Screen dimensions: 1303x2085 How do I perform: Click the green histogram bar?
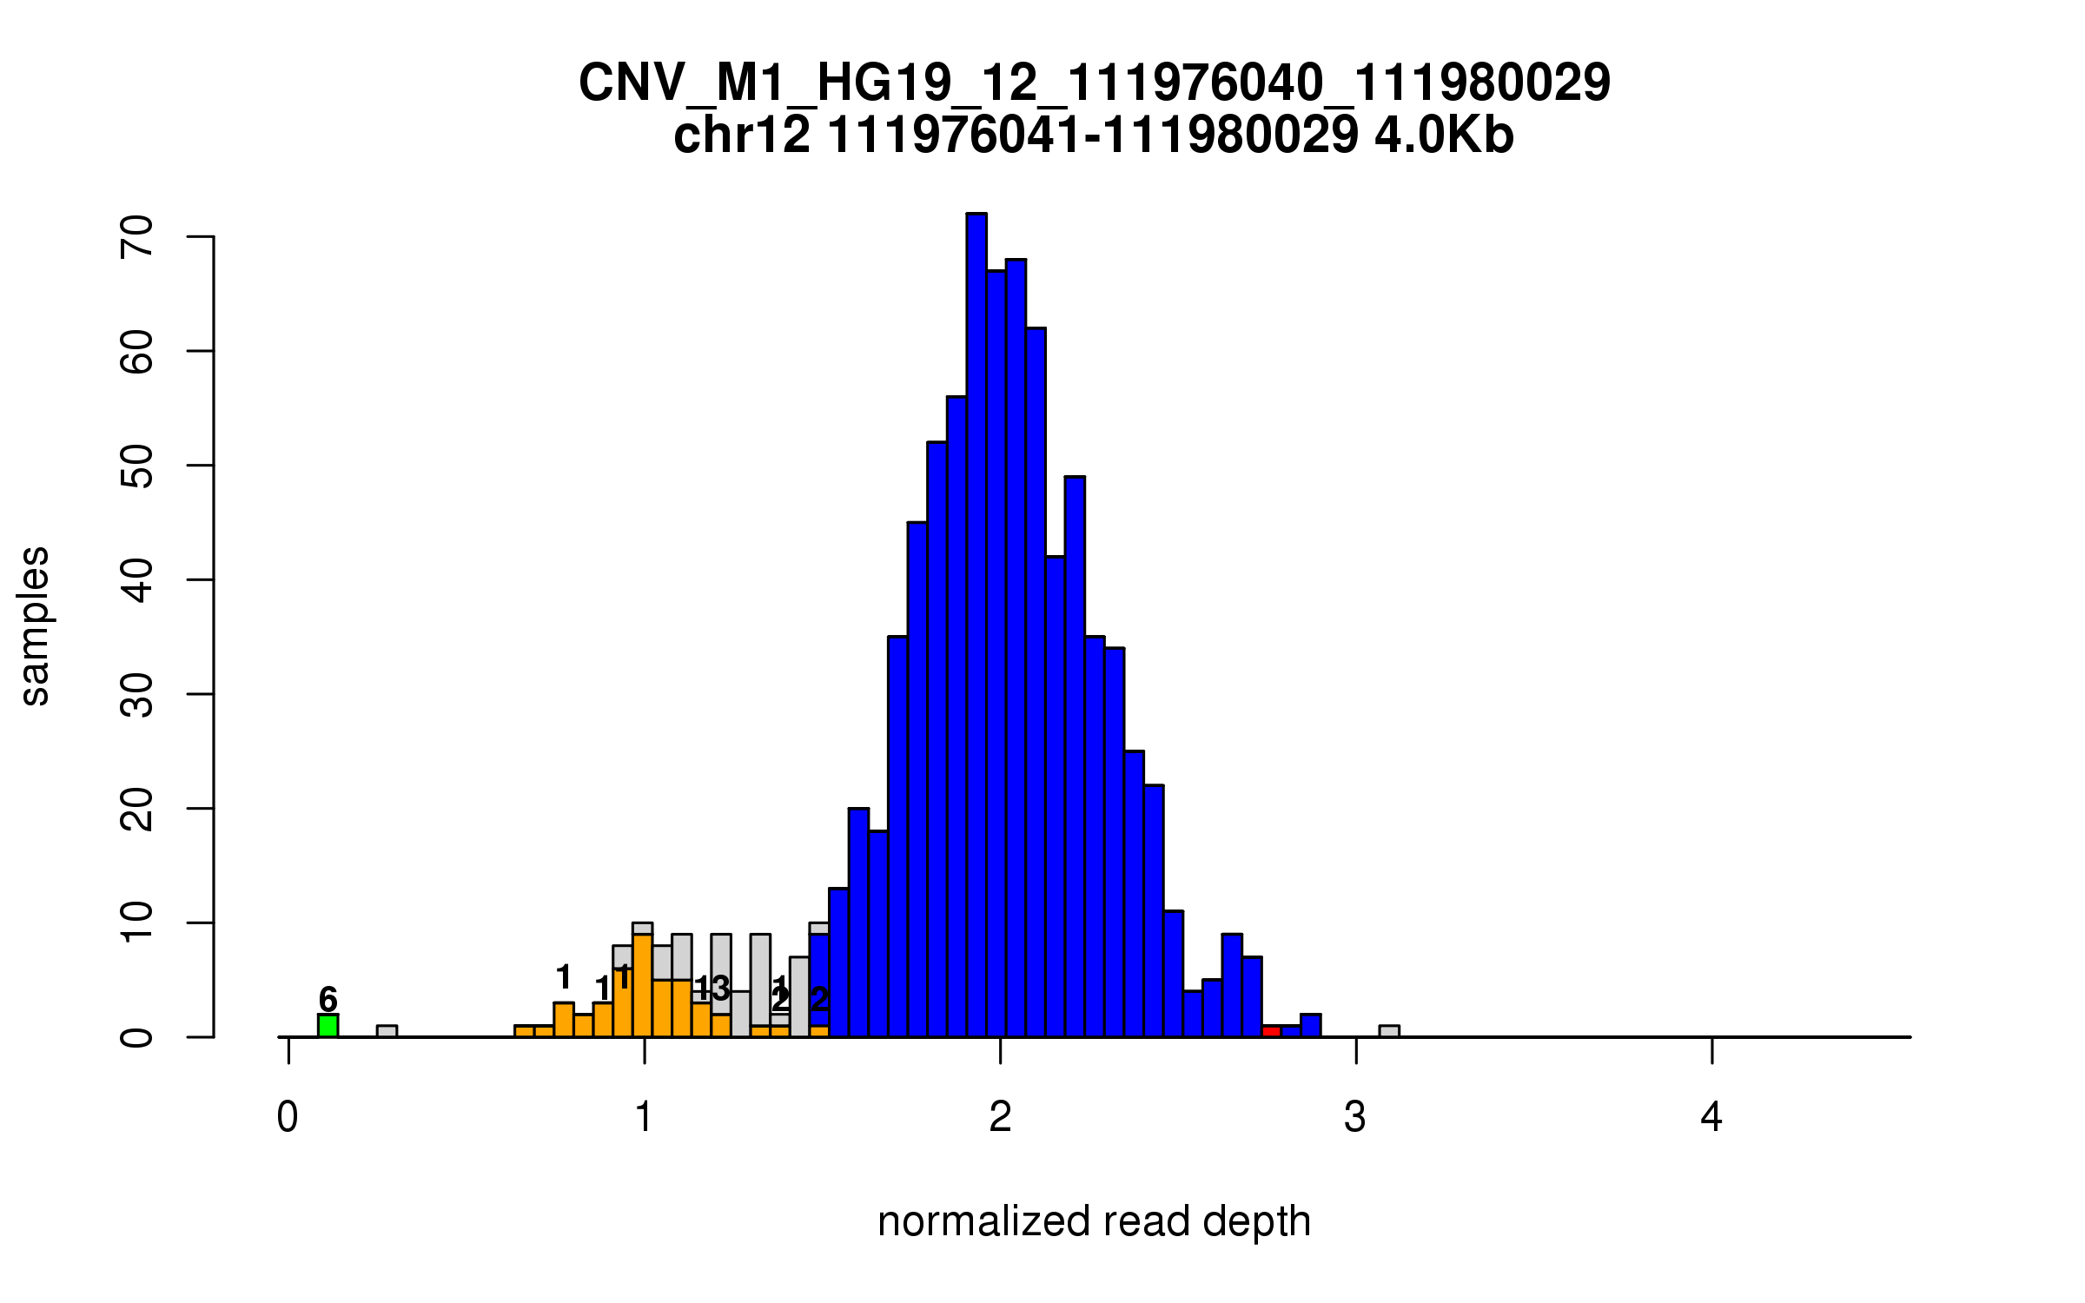[328, 1026]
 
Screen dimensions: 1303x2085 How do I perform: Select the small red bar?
[1271, 1031]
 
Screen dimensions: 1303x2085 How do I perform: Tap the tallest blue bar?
[976, 625]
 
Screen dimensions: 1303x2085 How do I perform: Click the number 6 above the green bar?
[328, 999]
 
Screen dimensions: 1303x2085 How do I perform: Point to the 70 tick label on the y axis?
[137, 236]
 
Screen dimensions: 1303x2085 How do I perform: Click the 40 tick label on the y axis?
[137, 579]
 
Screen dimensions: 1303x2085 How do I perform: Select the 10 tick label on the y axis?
[137, 923]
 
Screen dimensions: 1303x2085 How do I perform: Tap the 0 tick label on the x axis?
[288, 1117]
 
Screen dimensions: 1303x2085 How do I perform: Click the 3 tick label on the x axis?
[1355, 1117]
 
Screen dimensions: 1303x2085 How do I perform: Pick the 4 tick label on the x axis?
[1711, 1117]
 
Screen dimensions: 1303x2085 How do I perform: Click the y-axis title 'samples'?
[35, 625]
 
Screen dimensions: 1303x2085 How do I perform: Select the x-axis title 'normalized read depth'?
[1094, 1221]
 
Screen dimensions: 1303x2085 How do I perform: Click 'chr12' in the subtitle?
[742, 136]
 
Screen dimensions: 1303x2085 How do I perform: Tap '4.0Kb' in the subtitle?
[1444, 136]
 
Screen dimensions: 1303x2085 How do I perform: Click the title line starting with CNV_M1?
[1094, 83]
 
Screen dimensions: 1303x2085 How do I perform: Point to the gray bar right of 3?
[1389, 1031]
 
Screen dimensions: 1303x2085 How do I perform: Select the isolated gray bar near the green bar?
[387, 1031]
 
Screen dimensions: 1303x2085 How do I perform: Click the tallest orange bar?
[642, 986]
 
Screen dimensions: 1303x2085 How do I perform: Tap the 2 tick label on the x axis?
[1000, 1117]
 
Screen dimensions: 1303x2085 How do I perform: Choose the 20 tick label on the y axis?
[137, 808]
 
